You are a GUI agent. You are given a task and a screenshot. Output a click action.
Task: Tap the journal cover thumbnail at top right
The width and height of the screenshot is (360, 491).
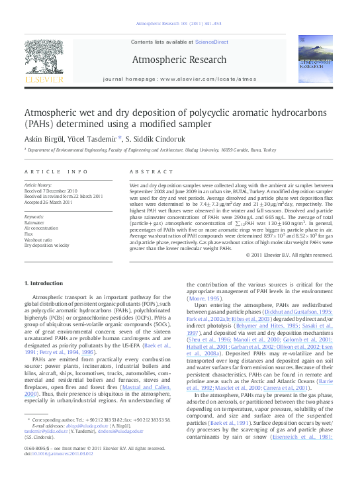tap(315, 62)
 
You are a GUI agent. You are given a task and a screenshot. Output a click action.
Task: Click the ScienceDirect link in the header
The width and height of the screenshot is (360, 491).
tap(211, 42)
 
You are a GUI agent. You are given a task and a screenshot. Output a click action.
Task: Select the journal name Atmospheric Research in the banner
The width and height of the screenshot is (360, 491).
tap(179, 60)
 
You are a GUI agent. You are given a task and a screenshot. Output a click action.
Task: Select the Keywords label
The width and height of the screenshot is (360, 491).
tap(34, 216)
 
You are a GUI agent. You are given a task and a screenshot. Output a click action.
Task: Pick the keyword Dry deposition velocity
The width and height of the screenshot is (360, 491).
tap(46, 245)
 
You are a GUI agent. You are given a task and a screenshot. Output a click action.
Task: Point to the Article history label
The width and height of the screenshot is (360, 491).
tap(38, 185)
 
